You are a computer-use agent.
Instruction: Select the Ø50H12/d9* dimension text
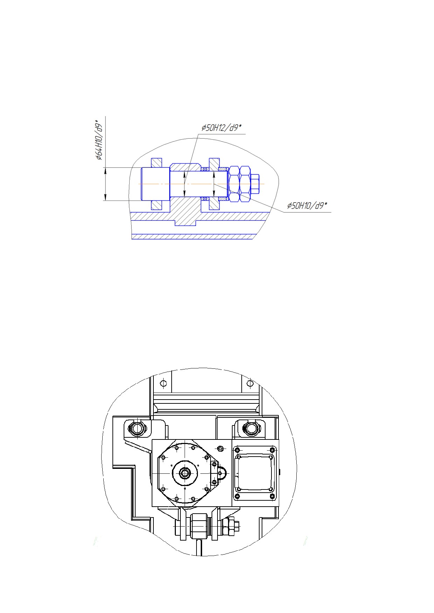(221, 128)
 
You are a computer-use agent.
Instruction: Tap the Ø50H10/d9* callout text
(307, 206)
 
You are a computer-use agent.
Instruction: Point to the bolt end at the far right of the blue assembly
(256, 184)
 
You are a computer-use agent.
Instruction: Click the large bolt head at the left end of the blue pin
(156, 184)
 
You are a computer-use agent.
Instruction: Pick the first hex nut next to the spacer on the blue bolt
(234, 184)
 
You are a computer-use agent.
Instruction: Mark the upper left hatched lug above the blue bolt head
(157, 163)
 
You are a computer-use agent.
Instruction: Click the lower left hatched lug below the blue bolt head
(157, 205)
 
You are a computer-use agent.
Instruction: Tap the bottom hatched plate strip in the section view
(192, 237)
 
